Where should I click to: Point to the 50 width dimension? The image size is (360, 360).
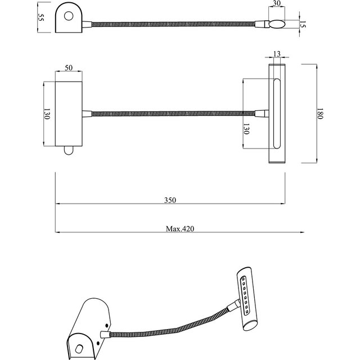click(x=69, y=67)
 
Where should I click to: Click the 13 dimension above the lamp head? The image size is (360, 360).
click(x=276, y=54)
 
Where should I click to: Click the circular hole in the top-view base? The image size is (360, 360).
click(x=69, y=16)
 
